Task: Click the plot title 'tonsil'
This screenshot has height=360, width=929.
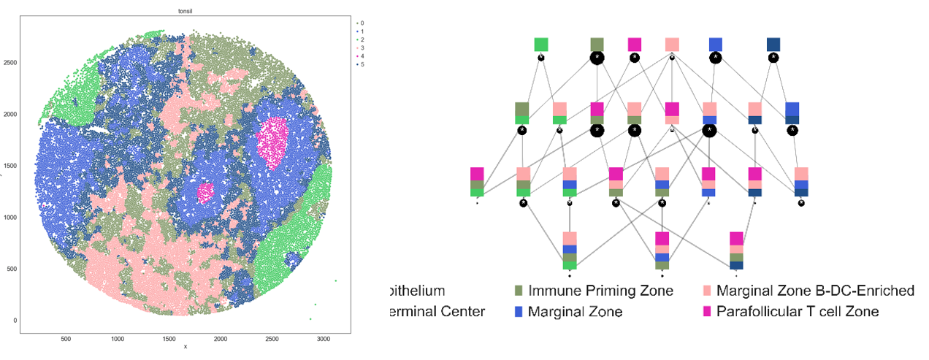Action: (185, 10)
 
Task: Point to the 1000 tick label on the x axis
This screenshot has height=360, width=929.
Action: (118, 339)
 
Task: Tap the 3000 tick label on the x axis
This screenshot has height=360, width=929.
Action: (324, 339)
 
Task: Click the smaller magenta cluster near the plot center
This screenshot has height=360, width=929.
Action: (205, 193)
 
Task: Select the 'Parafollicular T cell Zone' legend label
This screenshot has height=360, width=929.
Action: (798, 312)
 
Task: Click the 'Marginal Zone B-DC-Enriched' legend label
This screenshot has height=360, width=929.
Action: (815, 291)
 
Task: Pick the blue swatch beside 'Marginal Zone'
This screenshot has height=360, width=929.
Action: (519, 312)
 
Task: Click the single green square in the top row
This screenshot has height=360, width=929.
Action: (541, 45)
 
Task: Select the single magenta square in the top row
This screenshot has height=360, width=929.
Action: (635, 45)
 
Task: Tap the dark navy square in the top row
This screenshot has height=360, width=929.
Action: (773, 45)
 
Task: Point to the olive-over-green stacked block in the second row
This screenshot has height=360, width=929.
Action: (522, 113)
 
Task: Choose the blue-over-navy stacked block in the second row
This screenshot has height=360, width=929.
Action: (792, 113)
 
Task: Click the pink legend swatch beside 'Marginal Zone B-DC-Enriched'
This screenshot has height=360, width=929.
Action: (706, 291)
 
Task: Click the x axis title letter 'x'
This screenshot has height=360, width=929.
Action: (186, 347)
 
